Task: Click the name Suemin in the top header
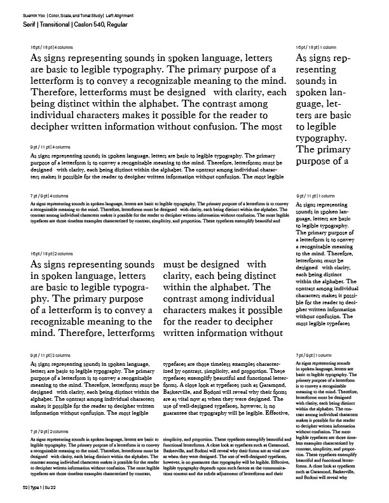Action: (29, 13)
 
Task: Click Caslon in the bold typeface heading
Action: (96, 23)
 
